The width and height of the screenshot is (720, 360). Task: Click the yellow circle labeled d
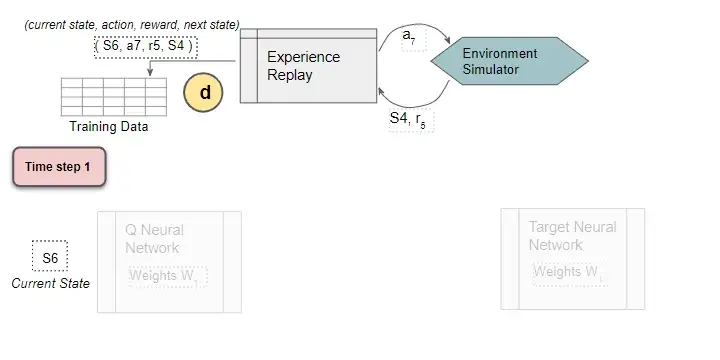coord(204,92)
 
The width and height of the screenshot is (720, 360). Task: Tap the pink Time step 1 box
coord(58,167)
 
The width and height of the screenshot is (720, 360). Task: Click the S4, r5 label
coord(410,119)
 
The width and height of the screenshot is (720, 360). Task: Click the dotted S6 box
coord(50,258)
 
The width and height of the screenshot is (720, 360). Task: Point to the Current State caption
coord(50,283)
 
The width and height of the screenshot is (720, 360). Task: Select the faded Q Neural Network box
coord(169,261)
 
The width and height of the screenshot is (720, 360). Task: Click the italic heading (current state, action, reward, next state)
coord(131,24)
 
